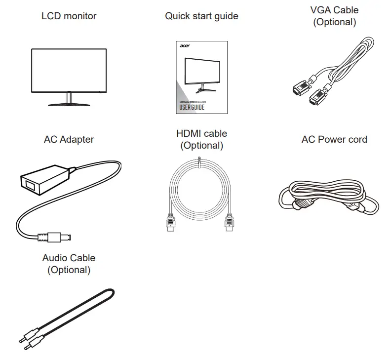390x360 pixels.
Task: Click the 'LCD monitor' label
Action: coord(69,16)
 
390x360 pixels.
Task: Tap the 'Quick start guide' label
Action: coord(201,16)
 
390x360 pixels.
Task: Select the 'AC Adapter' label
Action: coord(69,139)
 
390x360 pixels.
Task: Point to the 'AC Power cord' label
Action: coord(334,139)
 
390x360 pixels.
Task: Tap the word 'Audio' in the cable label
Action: coord(55,258)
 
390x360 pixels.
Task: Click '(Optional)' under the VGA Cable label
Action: coord(334,22)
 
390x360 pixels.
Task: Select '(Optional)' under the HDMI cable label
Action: coord(201,146)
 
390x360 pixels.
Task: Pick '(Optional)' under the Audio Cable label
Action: coord(69,270)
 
